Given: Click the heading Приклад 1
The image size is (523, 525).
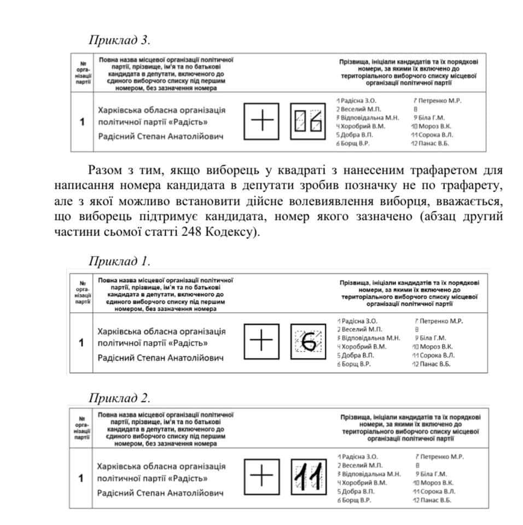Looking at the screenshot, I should point(119,260).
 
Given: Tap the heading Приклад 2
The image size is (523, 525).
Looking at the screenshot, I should point(119,396).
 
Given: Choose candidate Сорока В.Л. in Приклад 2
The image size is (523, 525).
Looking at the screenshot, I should point(435,491).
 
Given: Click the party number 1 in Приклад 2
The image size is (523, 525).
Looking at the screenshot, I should point(81,479).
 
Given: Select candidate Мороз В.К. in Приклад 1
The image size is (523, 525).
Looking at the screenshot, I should point(435,346).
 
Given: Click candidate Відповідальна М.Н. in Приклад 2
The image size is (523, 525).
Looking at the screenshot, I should point(370,474).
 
